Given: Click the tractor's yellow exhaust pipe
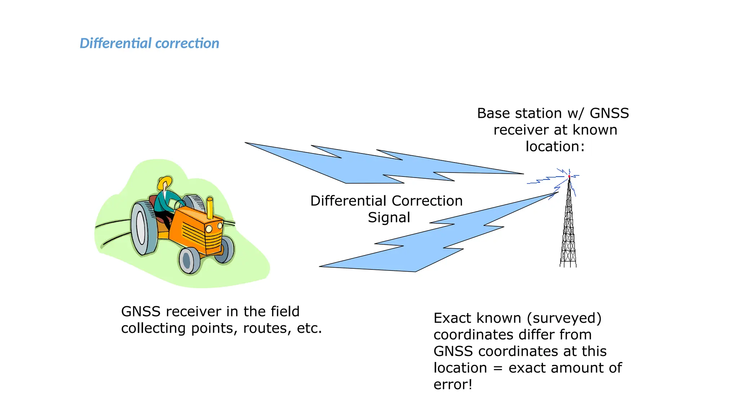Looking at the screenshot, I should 210,208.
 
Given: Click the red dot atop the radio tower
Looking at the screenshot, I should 569,177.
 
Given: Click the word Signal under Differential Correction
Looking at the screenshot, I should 389,218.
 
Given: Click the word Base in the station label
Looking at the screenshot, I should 493,113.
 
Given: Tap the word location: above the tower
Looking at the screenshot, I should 555,147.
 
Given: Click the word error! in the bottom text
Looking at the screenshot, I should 453,385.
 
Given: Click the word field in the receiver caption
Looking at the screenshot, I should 285,312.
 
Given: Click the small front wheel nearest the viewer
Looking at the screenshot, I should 189,261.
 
